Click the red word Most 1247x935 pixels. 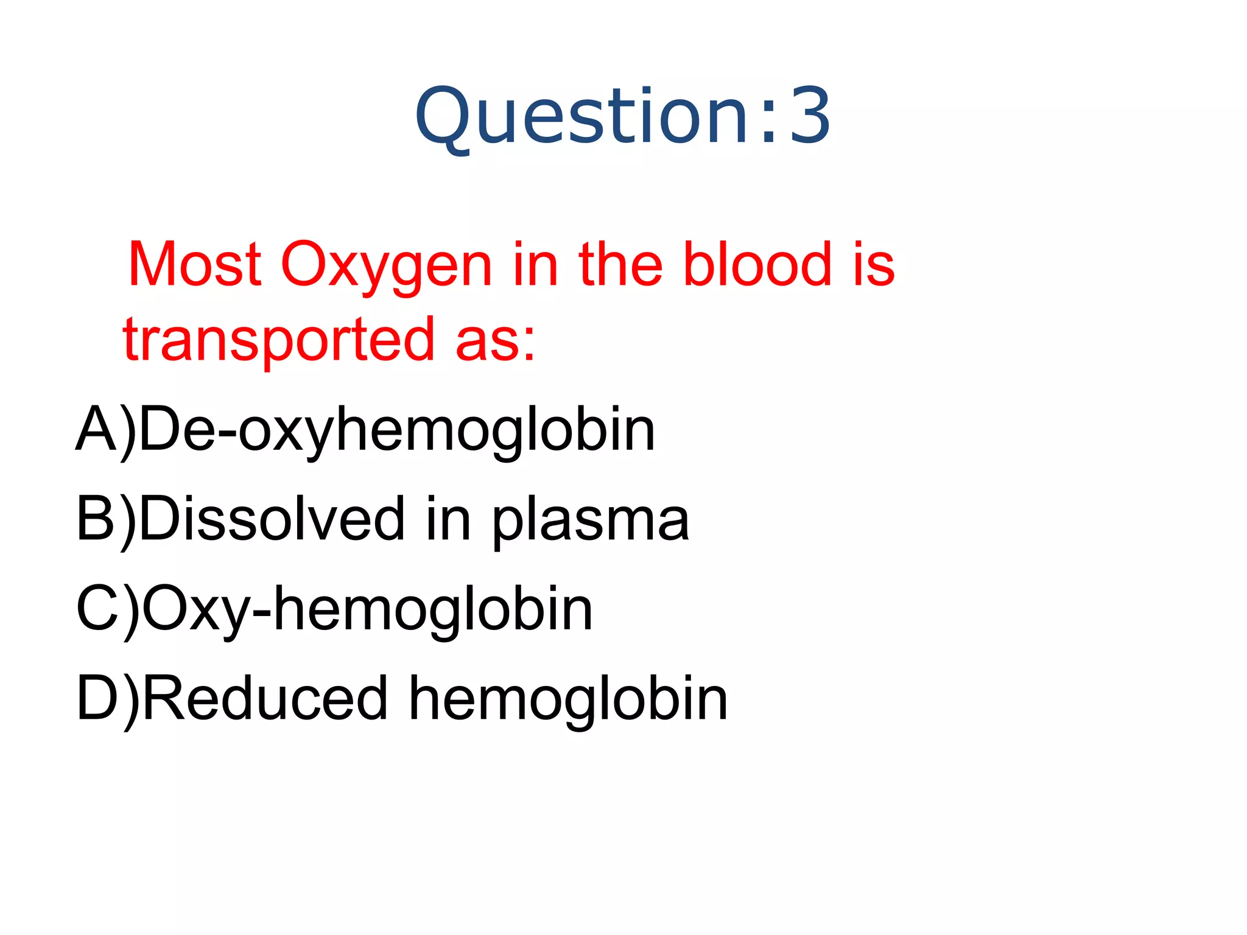pyautogui.click(x=195, y=265)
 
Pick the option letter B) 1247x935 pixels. pyautogui.click(x=105, y=519)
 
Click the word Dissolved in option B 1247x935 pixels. pyautogui.click(x=272, y=519)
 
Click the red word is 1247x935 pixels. pyautogui.click(x=874, y=265)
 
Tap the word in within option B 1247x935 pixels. pyautogui.click(x=449, y=519)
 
